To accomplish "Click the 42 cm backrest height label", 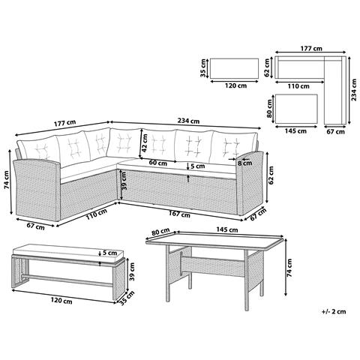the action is pyautogui.click(x=144, y=142).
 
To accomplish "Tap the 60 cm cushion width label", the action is pyautogui.click(x=157, y=163).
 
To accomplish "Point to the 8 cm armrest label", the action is pyautogui.click(x=244, y=163).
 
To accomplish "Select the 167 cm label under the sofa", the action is pyautogui.click(x=179, y=214).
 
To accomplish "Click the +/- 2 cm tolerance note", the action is pyautogui.click(x=334, y=311).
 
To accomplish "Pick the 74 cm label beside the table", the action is pyautogui.click(x=289, y=267).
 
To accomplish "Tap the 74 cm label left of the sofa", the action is pyautogui.click(x=6, y=179).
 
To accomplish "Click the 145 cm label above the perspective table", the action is pyautogui.click(x=227, y=229).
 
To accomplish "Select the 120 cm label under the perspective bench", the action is pyautogui.click(x=61, y=301).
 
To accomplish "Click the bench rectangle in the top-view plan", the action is pyautogui.click(x=234, y=68).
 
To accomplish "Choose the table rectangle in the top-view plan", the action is pyautogui.click(x=296, y=109).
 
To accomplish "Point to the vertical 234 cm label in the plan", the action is pyautogui.click(x=354, y=90).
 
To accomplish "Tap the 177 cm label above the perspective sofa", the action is pyautogui.click(x=64, y=123).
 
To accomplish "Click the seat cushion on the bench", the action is pyautogui.click(x=68, y=252).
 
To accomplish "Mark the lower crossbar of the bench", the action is pyautogui.click(x=67, y=280).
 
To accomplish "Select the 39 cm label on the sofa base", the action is pyautogui.click(x=124, y=181).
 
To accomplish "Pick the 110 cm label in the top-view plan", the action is pyautogui.click(x=298, y=86).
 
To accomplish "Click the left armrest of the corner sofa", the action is pyautogui.click(x=37, y=190).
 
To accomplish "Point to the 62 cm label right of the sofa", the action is pyautogui.click(x=271, y=175).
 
